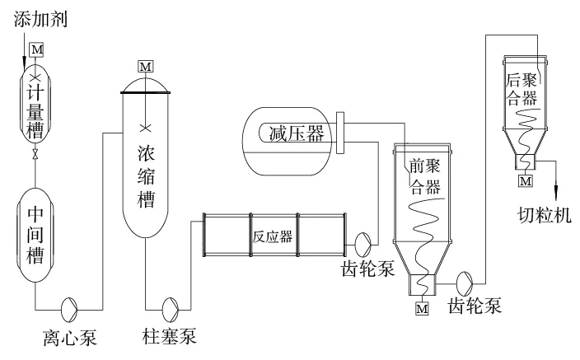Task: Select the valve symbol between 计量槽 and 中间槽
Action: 35,155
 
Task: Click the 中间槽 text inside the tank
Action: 35,235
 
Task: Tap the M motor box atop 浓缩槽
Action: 146,65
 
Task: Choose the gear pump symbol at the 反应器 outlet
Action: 362,242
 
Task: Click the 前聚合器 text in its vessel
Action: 425,176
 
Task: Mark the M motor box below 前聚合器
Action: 423,309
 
